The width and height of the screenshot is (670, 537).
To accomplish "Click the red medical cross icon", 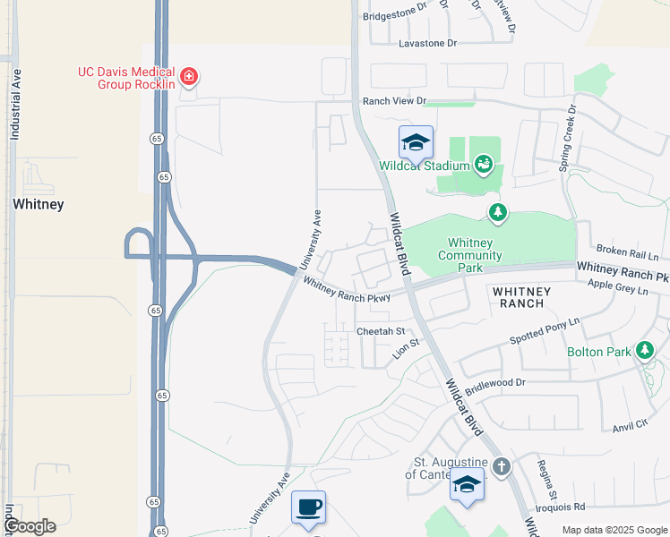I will point(189,77).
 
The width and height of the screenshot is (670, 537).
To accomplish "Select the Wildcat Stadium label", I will point(425,166).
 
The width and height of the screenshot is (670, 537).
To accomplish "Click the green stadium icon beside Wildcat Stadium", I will point(484,165).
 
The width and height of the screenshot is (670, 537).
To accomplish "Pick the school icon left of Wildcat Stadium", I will point(416,142).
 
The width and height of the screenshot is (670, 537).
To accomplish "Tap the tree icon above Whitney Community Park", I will point(498,213).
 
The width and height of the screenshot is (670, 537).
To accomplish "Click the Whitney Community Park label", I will point(470,255).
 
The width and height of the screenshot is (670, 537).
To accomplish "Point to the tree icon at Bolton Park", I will point(643,350).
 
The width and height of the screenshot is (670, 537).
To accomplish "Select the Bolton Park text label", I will point(599,352).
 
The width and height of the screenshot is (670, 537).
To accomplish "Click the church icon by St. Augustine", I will point(502,466).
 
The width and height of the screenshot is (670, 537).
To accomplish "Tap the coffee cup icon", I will point(308,507).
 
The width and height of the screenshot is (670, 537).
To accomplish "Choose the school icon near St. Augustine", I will point(467,484).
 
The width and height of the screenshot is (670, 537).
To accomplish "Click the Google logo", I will point(30,526).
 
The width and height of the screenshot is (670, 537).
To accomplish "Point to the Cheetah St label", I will point(382,331).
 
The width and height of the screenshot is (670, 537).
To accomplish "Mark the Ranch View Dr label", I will point(394,102).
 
